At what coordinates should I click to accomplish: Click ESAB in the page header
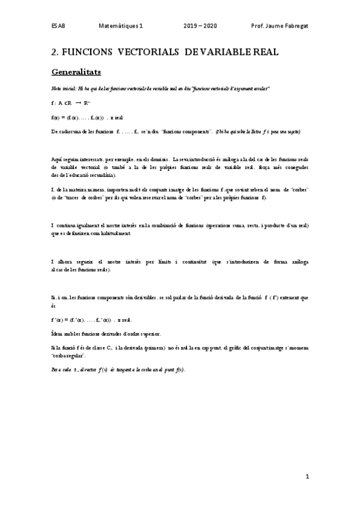click(x=58, y=26)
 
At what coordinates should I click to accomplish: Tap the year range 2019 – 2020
click(x=203, y=26)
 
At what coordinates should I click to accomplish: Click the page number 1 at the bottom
click(x=307, y=477)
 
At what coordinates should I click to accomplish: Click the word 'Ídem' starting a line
click(x=57, y=334)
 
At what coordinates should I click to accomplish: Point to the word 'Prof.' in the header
click(x=258, y=26)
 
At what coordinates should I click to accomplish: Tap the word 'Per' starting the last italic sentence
click(x=56, y=369)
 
